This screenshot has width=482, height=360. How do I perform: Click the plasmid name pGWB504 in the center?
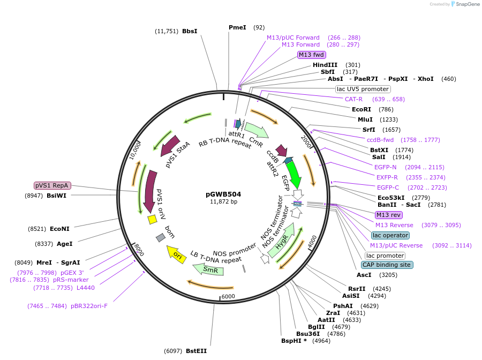click(x=223, y=194)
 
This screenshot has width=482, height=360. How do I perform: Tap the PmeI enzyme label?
click(x=237, y=27)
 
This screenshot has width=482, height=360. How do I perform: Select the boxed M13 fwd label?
click(x=311, y=55)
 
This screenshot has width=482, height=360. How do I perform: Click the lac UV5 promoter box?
click(x=363, y=89)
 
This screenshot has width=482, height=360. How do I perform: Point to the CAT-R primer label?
click(x=353, y=99)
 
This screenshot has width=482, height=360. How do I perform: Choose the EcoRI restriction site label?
click(x=361, y=109)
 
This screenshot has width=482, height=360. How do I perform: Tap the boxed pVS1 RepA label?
click(x=52, y=185)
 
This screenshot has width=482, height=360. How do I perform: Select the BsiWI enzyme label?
click(x=57, y=196)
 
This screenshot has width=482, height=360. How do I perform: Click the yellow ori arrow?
click(x=176, y=254)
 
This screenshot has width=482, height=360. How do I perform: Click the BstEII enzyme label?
click(x=196, y=351)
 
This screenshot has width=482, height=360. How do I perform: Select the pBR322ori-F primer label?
click(x=89, y=306)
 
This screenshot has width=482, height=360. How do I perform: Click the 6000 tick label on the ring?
click(x=229, y=297)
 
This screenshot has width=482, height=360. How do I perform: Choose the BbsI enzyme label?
click(x=190, y=31)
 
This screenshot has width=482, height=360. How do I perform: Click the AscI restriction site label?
click(x=364, y=275)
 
